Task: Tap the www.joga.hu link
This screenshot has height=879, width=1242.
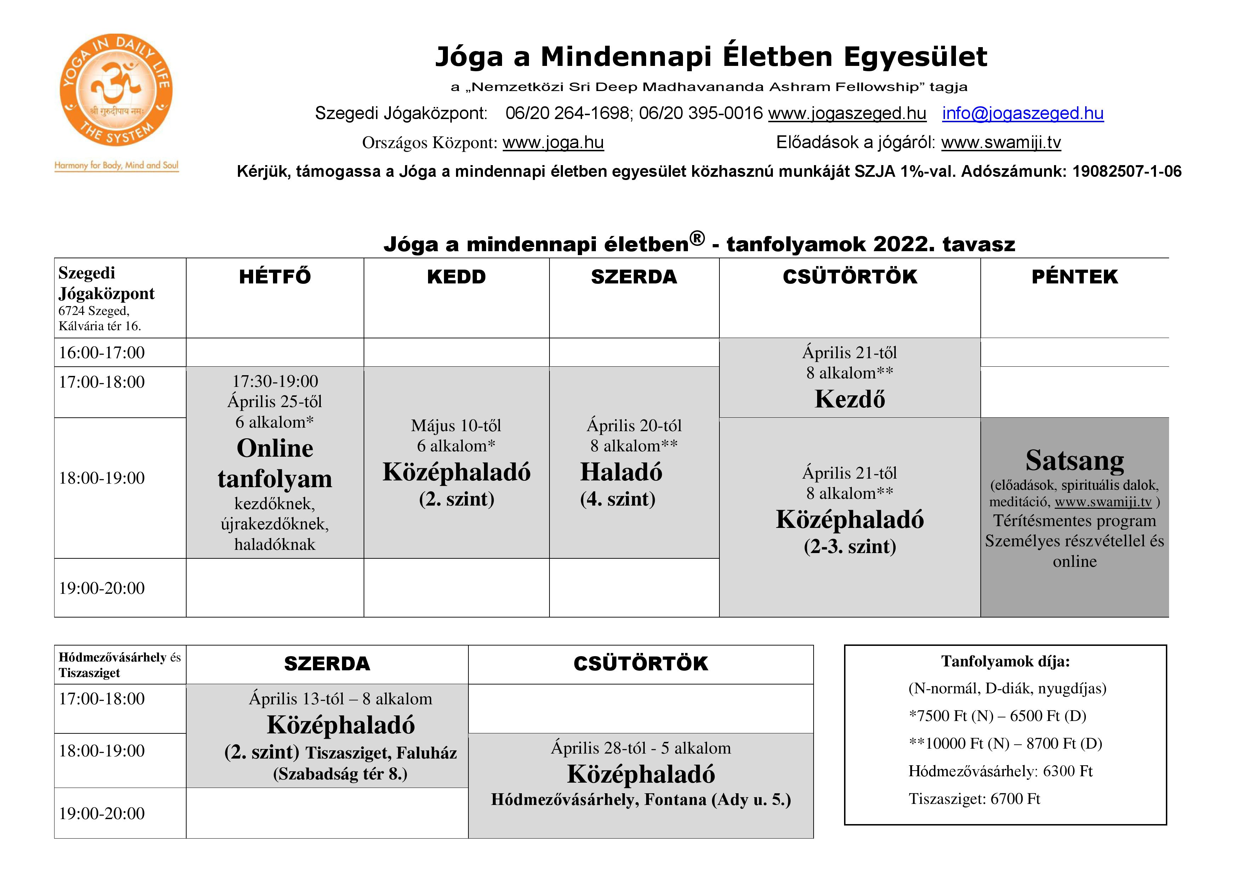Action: point(553,142)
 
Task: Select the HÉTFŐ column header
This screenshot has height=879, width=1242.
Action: point(275,277)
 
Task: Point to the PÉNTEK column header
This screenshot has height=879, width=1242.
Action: point(1074,277)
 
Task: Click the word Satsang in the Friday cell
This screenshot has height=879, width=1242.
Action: point(1074,460)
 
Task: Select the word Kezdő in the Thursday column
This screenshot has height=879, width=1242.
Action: point(849,399)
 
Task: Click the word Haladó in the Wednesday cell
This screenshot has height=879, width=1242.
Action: point(621,472)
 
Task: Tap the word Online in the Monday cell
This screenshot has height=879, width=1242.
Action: point(275,448)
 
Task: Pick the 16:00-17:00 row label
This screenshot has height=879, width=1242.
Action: point(102,353)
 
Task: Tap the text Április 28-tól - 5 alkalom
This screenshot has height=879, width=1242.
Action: point(640,748)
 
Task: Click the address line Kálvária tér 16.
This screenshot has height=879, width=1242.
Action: point(99,326)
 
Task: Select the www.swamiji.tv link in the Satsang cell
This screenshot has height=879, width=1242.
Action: point(1103,502)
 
